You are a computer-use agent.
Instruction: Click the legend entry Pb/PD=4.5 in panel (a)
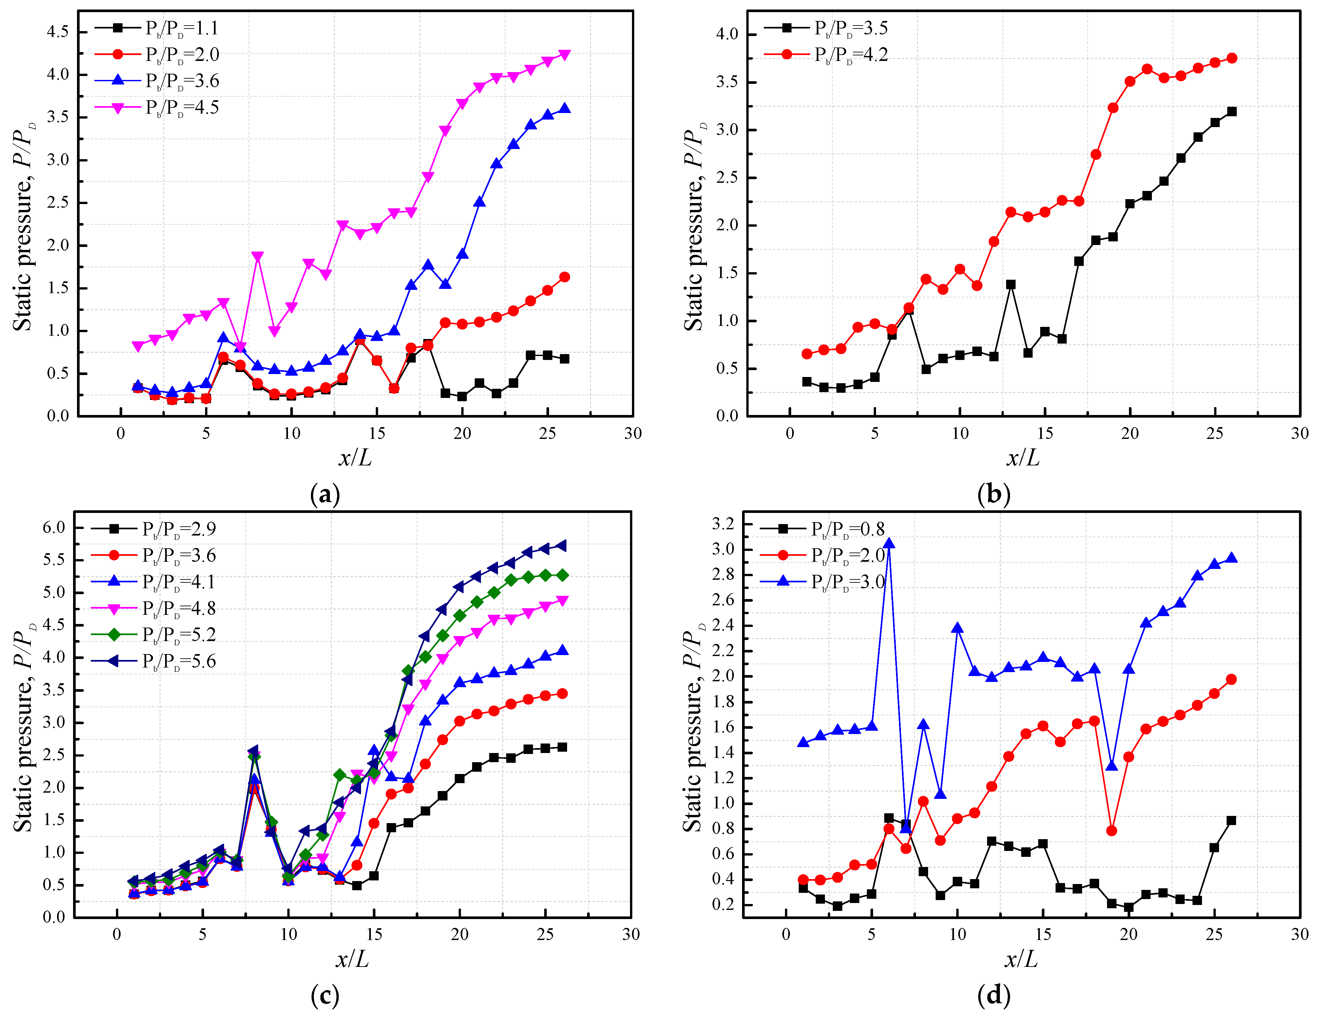pos(181,108)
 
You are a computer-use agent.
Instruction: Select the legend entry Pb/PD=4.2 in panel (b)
pos(850,55)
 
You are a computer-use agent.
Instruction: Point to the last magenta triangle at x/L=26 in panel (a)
pos(564,55)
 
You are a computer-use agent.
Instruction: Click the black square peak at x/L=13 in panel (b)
pos(1011,285)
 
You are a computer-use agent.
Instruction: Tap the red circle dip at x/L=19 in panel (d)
pos(1111,831)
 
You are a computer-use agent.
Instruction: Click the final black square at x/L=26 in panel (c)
pos(562,747)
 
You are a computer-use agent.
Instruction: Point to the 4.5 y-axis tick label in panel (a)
pos(58,31)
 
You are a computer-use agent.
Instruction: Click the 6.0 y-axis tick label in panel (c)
pos(54,527)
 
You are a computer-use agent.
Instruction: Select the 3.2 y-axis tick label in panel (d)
pos(723,524)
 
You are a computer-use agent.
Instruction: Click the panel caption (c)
pos(324,996)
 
